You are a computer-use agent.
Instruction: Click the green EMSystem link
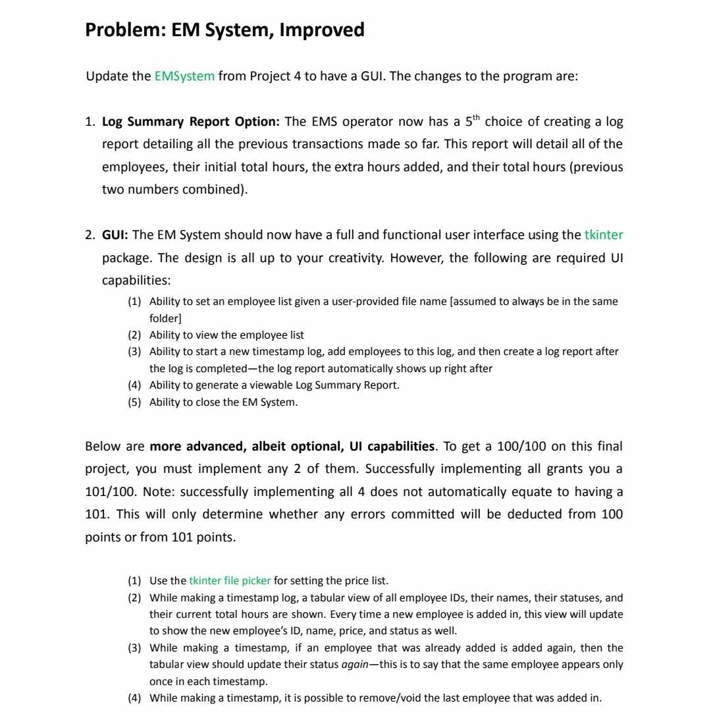click(184, 76)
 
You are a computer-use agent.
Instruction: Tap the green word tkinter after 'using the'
click(603, 235)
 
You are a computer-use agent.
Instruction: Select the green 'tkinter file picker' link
click(230, 581)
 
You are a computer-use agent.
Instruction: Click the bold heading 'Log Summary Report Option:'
click(191, 122)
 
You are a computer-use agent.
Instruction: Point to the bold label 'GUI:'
click(115, 235)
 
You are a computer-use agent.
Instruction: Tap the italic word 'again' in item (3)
click(355, 665)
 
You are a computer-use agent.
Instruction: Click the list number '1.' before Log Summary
click(91, 122)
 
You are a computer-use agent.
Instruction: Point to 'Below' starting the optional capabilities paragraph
click(101, 447)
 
